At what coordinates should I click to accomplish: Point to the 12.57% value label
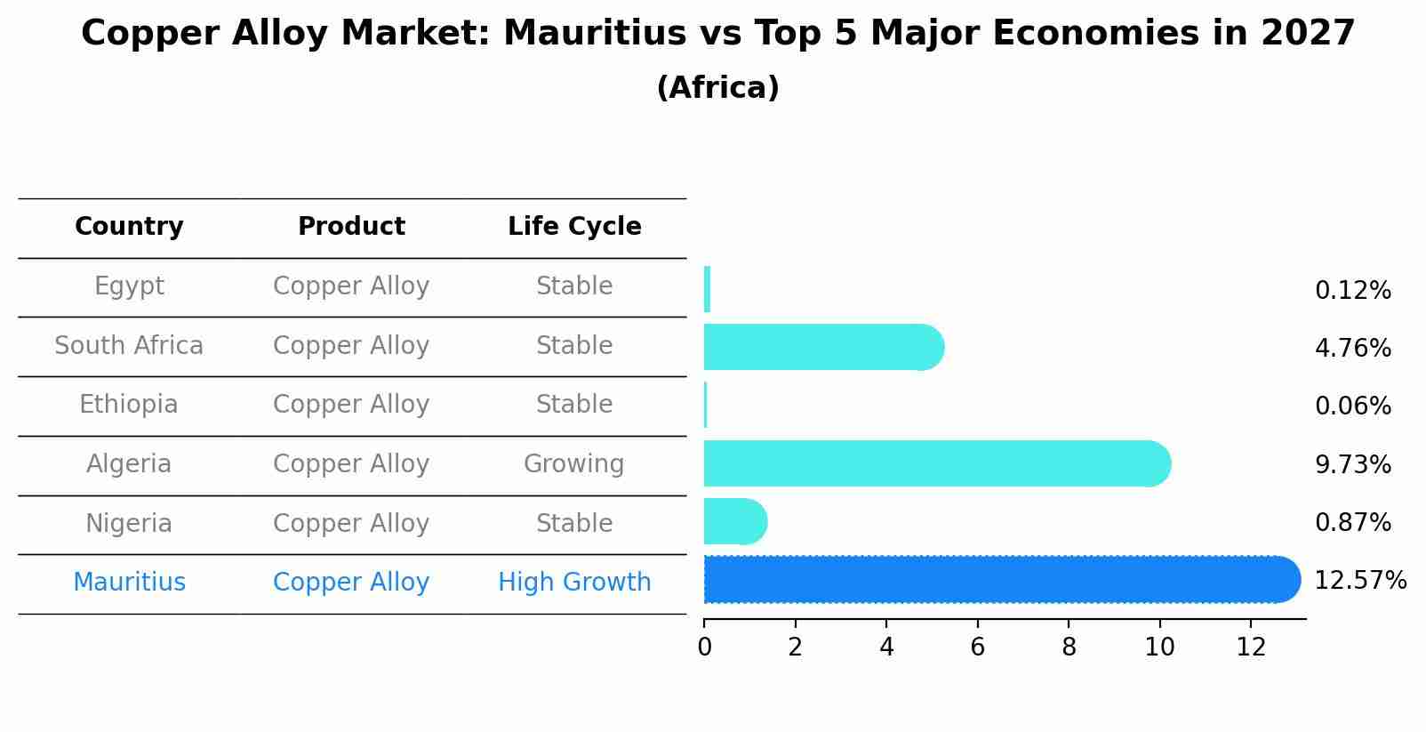(x=1359, y=581)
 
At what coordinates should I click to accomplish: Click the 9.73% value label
(x=1352, y=464)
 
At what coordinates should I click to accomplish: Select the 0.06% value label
(x=1352, y=406)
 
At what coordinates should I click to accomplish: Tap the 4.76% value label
(x=1352, y=348)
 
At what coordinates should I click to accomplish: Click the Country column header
(x=129, y=227)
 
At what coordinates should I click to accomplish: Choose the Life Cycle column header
(x=574, y=227)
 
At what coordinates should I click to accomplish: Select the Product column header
(x=351, y=227)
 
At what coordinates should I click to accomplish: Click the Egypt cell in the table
(x=129, y=286)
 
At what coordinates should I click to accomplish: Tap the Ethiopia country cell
(x=129, y=405)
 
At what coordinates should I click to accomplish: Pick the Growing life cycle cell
(x=573, y=464)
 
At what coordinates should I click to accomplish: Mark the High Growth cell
(x=574, y=583)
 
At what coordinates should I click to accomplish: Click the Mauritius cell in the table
(x=129, y=583)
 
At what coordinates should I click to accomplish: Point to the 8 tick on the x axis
(x=1069, y=648)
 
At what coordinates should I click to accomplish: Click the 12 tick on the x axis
(x=1251, y=648)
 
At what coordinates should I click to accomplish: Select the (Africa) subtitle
(x=717, y=88)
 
